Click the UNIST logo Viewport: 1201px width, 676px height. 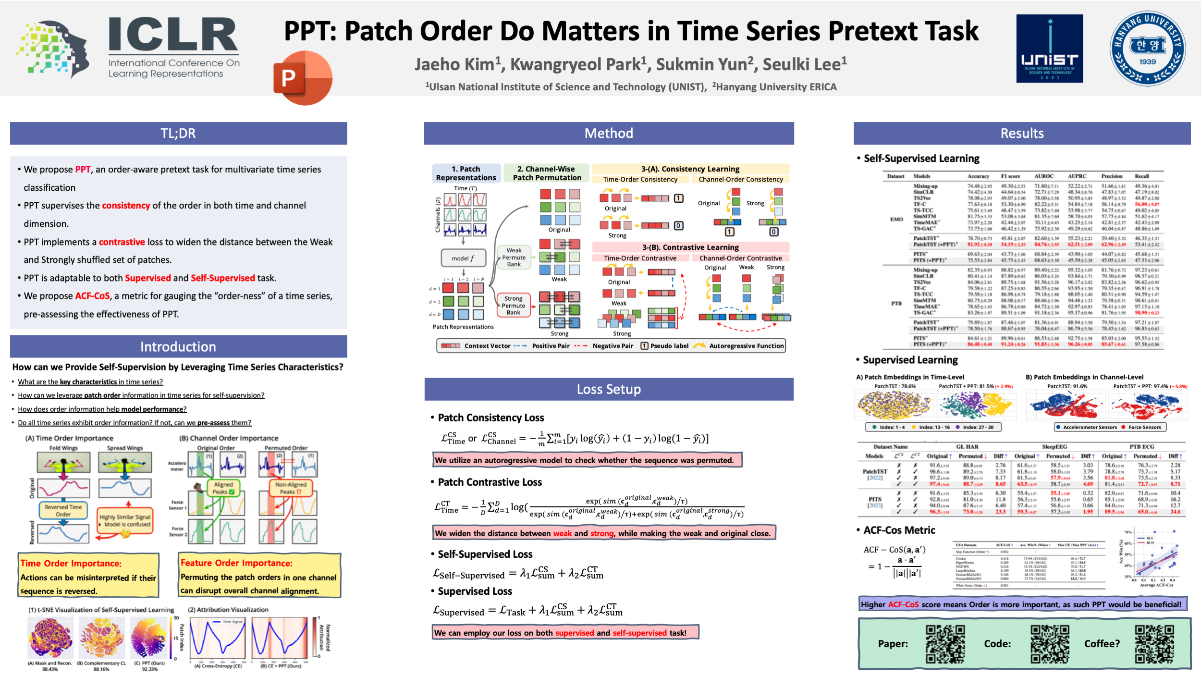click(1049, 49)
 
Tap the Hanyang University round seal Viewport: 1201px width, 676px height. click(1147, 49)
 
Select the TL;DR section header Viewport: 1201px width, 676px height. click(178, 133)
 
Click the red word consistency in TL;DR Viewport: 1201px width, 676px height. click(126, 206)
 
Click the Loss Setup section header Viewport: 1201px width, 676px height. click(609, 389)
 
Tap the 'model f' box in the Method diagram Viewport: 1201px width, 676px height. click(463, 258)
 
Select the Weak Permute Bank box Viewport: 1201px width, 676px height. click(514, 257)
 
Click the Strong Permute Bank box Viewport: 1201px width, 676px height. click(513, 305)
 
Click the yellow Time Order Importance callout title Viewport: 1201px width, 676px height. click(71, 563)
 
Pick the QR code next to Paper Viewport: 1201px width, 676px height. click(945, 644)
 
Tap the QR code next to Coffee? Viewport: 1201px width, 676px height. click(1154, 644)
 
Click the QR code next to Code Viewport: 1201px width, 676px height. click(1050, 644)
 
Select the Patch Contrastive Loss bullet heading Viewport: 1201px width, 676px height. click(490, 482)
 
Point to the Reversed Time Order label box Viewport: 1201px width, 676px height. click(63, 510)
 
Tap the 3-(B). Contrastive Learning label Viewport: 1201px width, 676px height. click(690, 247)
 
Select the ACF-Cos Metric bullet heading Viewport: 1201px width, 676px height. click(899, 530)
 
